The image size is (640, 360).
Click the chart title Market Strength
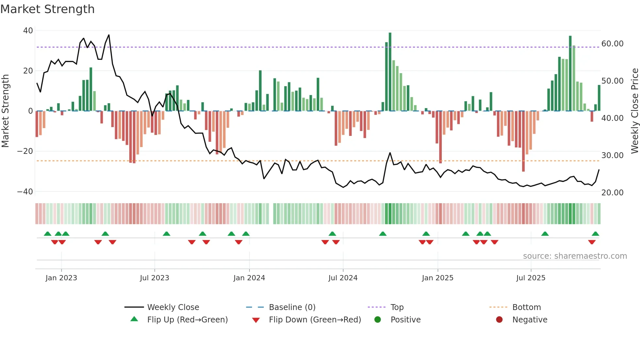pyautogui.click(x=47, y=9)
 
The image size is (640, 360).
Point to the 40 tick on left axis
pyautogui.click(x=28, y=31)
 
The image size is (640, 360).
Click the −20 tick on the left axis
pyautogui.click(x=25, y=151)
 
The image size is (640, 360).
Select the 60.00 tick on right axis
pyautogui.click(x=612, y=44)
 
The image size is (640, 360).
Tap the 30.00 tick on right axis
pyautogui.click(x=612, y=155)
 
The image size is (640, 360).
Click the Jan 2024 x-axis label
pyautogui.click(x=249, y=278)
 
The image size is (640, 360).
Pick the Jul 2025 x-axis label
pyautogui.click(x=531, y=278)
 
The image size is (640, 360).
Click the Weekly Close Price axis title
pyautogui.click(x=634, y=111)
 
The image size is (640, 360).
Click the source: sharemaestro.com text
pyautogui.click(x=575, y=256)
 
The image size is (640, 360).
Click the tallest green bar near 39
pyautogui.click(x=390, y=72)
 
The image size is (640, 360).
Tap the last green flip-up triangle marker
pyautogui.click(x=595, y=234)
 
